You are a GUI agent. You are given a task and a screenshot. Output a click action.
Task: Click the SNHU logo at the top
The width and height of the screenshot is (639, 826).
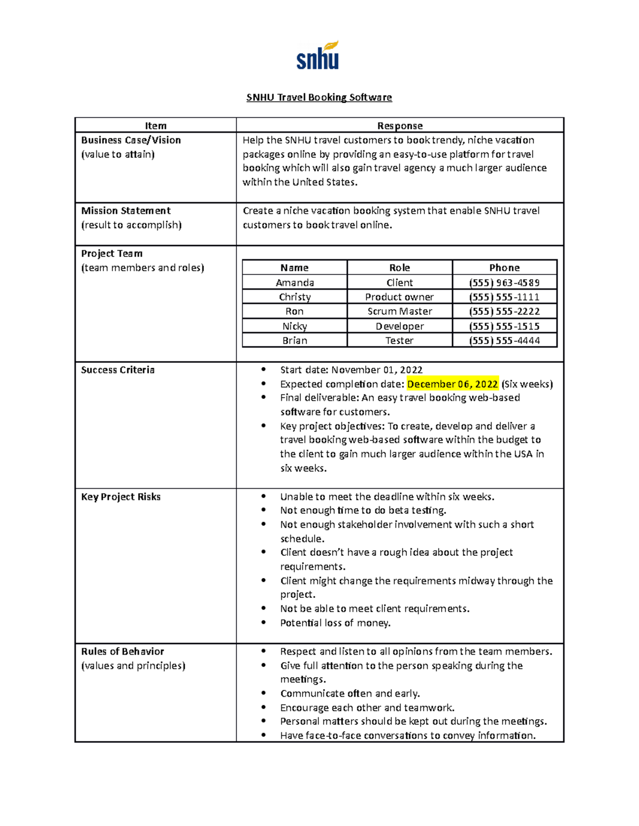(318, 56)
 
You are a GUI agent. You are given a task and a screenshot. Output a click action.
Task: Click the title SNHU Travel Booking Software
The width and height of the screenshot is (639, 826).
(319, 97)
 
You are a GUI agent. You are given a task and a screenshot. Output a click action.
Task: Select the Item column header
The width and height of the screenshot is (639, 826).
(155, 126)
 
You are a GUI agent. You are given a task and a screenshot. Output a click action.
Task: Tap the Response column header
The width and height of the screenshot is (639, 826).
(400, 126)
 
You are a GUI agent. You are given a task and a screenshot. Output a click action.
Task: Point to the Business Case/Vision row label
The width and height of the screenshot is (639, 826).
(131, 140)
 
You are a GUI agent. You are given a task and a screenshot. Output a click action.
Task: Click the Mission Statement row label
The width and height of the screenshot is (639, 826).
(126, 211)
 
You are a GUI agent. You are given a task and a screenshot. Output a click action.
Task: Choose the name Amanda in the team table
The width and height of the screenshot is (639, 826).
(294, 282)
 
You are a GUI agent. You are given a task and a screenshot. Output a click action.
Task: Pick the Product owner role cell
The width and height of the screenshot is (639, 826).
(399, 297)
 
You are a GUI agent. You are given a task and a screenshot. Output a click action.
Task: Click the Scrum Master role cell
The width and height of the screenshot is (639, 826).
(399, 311)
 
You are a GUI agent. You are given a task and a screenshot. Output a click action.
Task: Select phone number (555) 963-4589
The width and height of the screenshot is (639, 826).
(504, 282)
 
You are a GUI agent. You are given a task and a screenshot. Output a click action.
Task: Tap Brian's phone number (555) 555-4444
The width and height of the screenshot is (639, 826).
(504, 340)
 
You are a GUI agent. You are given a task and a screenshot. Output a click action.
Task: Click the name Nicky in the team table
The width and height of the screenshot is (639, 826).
(294, 326)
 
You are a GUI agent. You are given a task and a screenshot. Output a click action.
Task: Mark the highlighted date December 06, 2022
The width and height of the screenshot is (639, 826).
(453, 384)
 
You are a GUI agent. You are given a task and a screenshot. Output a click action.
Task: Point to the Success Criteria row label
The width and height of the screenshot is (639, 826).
(118, 370)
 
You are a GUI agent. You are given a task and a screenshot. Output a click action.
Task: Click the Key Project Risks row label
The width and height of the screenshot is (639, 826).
(121, 497)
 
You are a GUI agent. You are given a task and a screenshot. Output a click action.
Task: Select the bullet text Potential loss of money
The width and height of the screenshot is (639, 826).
(335, 623)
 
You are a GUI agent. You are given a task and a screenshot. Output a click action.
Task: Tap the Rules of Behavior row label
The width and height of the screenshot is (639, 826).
(122, 652)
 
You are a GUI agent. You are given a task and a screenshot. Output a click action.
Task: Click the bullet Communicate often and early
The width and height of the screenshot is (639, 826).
(350, 694)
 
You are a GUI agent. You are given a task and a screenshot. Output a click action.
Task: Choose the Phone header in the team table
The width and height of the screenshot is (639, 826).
(504, 268)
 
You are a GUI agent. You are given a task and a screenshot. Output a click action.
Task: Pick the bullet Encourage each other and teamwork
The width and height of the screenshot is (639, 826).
(367, 708)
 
